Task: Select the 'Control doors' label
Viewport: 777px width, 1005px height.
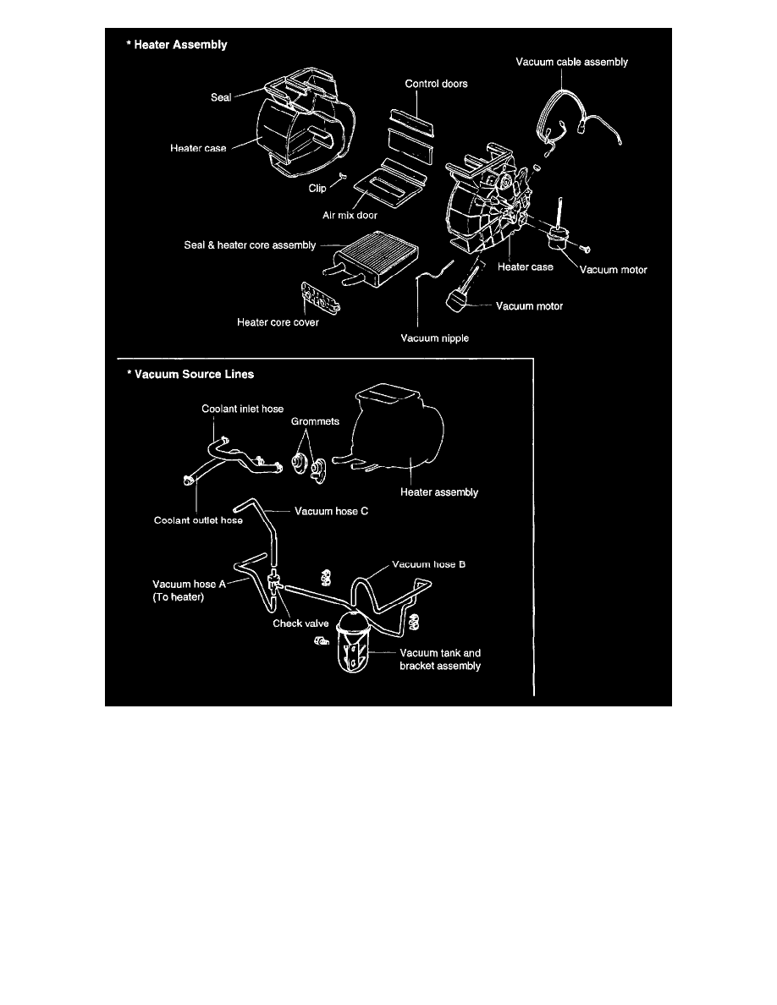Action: pyautogui.click(x=436, y=84)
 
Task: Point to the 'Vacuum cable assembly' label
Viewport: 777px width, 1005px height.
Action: pyautogui.click(x=571, y=62)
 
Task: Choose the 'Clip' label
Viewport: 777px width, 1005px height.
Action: pyautogui.click(x=317, y=189)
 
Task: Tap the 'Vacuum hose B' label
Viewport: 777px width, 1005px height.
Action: pyautogui.click(x=427, y=563)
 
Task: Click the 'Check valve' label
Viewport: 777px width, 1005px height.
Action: pyautogui.click(x=300, y=623)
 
